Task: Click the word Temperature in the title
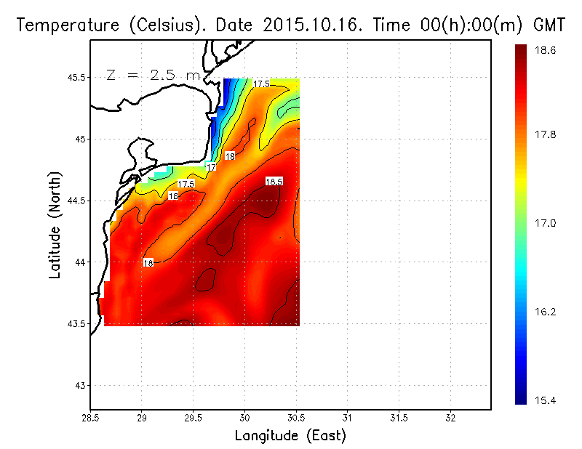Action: (x=65, y=26)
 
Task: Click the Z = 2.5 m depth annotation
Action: (x=153, y=75)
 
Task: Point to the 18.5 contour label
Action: (x=274, y=182)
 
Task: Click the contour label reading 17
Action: (x=212, y=167)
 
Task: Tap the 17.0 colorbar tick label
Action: (x=547, y=223)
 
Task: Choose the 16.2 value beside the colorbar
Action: (x=547, y=312)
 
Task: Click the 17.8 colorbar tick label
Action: (x=547, y=134)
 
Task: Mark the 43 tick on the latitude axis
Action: (x=80, y=385)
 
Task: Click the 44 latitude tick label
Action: (x=80, y=262)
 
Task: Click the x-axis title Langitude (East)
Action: (x=290, y=436)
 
